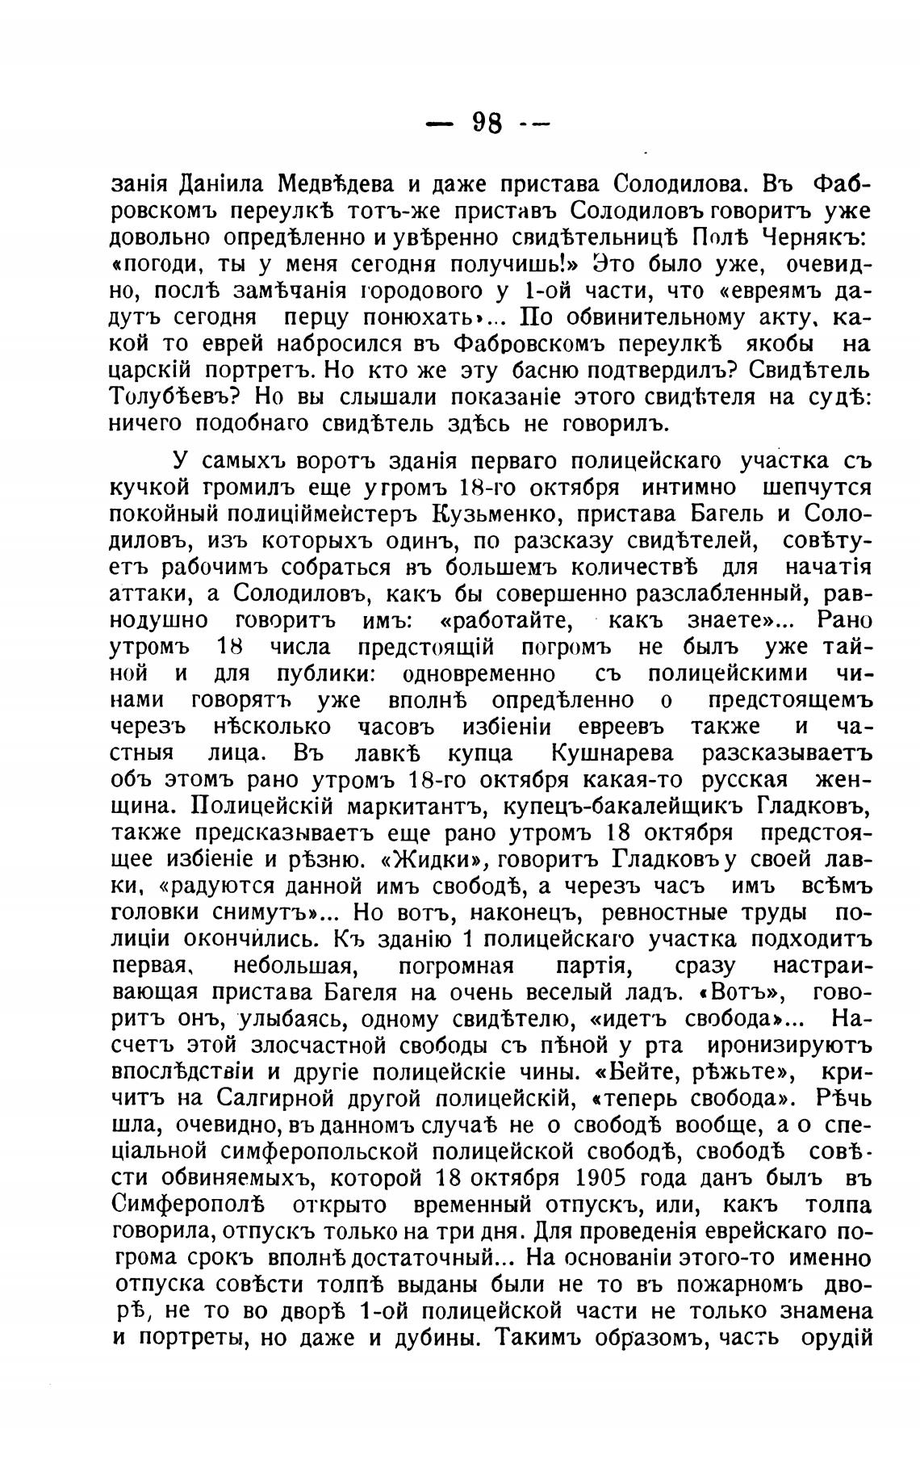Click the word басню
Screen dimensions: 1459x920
click(x=551, y=370)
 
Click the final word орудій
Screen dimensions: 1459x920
click(x=837, y=1338)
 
